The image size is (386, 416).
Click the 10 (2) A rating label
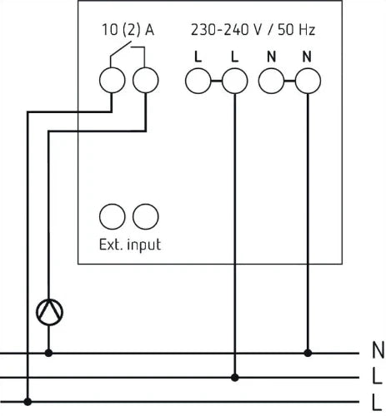128,30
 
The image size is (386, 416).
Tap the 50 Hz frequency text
296,30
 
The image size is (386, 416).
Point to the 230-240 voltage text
220,30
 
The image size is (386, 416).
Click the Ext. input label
130,245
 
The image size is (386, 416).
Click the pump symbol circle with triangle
49,312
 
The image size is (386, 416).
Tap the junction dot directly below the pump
48,353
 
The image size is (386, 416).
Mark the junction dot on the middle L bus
235,378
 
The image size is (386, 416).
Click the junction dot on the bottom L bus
28,402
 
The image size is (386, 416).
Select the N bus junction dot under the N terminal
308,353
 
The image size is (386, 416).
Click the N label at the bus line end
378,350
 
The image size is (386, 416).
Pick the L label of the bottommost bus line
377,402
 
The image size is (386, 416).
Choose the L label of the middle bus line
377,375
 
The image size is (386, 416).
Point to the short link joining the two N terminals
289,81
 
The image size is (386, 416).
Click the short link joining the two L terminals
217,81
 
